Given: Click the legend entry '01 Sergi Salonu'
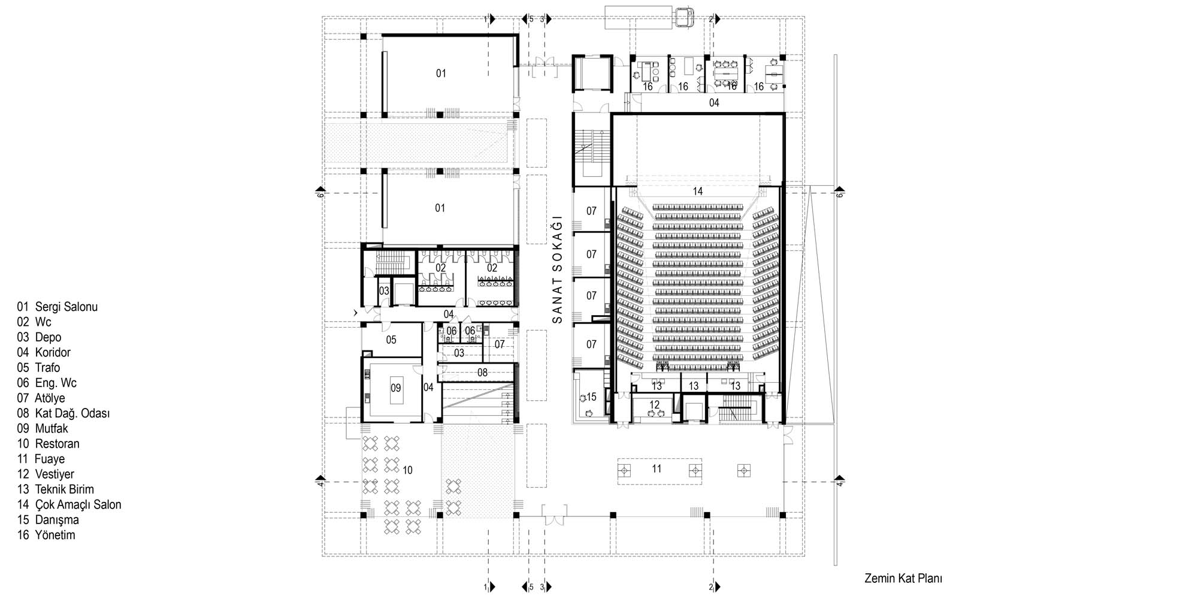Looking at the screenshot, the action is (x=58, y=307).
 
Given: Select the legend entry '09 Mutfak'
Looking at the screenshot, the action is (x=43, y=428).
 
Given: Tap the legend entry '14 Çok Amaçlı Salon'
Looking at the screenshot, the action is (x=69, y=504).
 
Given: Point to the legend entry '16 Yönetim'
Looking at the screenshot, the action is (x=46, y=535).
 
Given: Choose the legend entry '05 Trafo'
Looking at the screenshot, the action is (x=38, y=368).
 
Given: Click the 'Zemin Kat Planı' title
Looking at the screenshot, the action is (x=903, y=579).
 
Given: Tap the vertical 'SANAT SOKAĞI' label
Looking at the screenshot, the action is (x=558, y=269).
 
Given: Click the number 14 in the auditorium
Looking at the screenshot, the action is (x=697, y=191).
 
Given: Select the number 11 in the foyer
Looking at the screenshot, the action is (x=657, y=468).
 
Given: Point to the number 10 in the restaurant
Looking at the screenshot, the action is (x=407, y=470).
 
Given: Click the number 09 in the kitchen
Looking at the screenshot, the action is (x=395, y=388).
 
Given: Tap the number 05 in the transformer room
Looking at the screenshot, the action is (x=391, y=340).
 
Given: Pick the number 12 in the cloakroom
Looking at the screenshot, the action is (x=654, y=405).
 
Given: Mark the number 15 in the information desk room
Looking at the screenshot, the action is (x=591, y=397).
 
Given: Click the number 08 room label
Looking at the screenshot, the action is (x=482, y=373).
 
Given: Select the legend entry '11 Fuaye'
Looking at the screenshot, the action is (x=41, y=459).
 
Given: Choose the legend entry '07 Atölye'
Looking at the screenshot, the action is (x=41, y=398).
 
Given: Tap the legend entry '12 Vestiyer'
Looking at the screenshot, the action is (x=46, y=474).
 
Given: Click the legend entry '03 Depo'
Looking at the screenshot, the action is (x=39, y=337).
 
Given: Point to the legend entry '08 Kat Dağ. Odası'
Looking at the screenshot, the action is (x=63, y=413).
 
